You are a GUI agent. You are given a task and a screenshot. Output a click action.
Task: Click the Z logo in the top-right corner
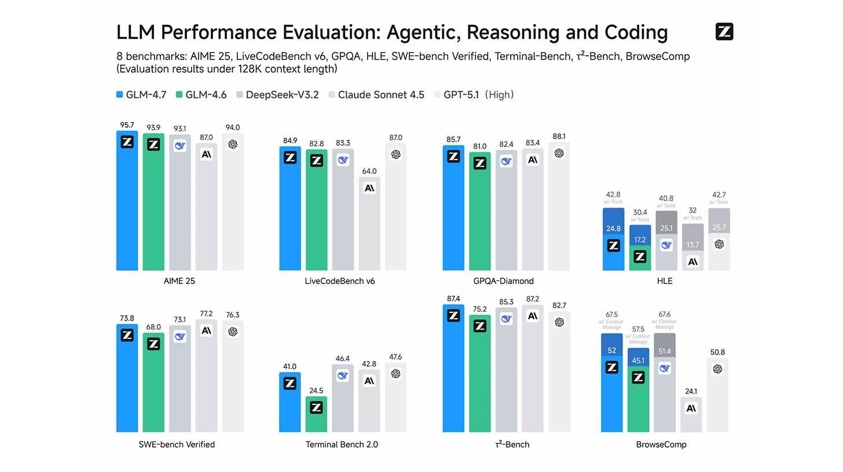pos(724,32)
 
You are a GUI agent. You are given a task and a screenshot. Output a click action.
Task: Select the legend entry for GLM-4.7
pos(141,95)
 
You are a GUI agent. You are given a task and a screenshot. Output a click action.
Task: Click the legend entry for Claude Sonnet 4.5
pos(376,95)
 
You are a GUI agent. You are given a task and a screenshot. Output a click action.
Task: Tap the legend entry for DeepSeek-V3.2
pos(278,95)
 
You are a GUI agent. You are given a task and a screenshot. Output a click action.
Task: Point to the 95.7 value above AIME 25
pos(127,125)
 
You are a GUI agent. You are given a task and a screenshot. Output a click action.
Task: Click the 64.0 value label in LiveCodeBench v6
pos(369,171)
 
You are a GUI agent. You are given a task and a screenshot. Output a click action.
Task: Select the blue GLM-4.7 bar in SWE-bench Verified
pos(127,382)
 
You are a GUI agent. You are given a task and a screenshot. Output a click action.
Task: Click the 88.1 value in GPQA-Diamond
pos(559,137)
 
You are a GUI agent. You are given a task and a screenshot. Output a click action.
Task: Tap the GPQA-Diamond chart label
pos(503,281)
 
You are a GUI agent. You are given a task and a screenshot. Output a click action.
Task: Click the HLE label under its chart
pos(665,281)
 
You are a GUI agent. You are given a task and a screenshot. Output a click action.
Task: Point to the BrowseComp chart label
pos(661,445)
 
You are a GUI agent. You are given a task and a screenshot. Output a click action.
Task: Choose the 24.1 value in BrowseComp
pos(691,392)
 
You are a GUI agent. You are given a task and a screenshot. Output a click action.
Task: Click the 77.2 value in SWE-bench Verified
pos(206,314)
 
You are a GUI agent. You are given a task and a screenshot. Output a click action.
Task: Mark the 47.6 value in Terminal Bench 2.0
pos(395,357)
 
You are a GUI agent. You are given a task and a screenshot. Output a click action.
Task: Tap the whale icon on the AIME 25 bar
pos(180,146)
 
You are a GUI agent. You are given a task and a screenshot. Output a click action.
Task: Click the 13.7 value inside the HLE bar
pos(692,245)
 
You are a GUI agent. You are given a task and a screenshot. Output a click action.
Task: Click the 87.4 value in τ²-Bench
pos(453,299)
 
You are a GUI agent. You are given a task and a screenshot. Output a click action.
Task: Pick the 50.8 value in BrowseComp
pos(717,352)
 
